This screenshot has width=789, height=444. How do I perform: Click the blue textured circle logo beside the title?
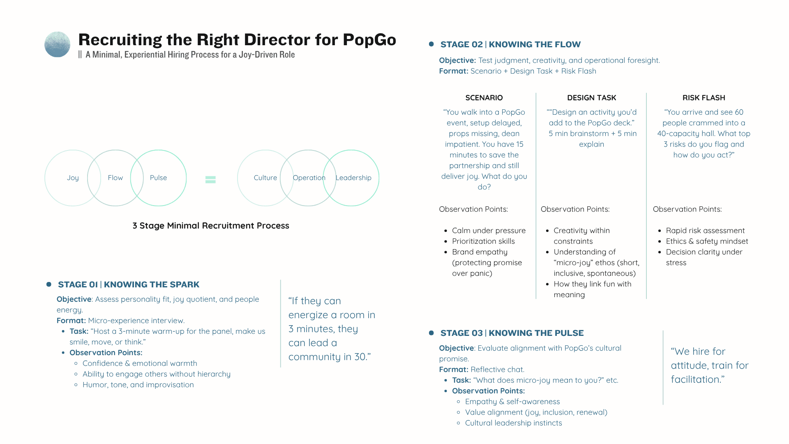[57, 44]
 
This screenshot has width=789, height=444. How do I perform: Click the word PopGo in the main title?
[369, 40]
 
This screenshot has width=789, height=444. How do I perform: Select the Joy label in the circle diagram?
[73, 178]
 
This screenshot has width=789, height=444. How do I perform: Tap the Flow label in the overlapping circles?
[115, 178]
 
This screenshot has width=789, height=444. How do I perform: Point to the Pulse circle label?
[158, 178]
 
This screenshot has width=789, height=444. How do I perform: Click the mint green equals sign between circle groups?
[210, 179]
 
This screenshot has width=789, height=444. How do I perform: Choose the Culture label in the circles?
[265, 178]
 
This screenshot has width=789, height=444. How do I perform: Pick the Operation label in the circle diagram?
[309, 178]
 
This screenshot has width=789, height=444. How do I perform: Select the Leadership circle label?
[353, 178]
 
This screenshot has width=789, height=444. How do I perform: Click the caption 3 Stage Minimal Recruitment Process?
[211, 226]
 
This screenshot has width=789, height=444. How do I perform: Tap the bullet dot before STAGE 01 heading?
[49, 284]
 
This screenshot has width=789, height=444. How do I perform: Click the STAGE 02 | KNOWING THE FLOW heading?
[510, 44]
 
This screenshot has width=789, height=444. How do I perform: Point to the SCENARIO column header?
[484, 98]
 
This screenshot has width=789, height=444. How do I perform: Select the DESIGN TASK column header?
[592, 98]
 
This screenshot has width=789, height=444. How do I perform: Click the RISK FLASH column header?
[704, 98]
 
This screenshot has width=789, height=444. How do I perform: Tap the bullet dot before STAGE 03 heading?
[431, 333]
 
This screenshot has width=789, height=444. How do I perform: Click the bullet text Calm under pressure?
[489, 231]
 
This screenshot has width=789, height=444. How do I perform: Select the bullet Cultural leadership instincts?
[514, 423]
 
